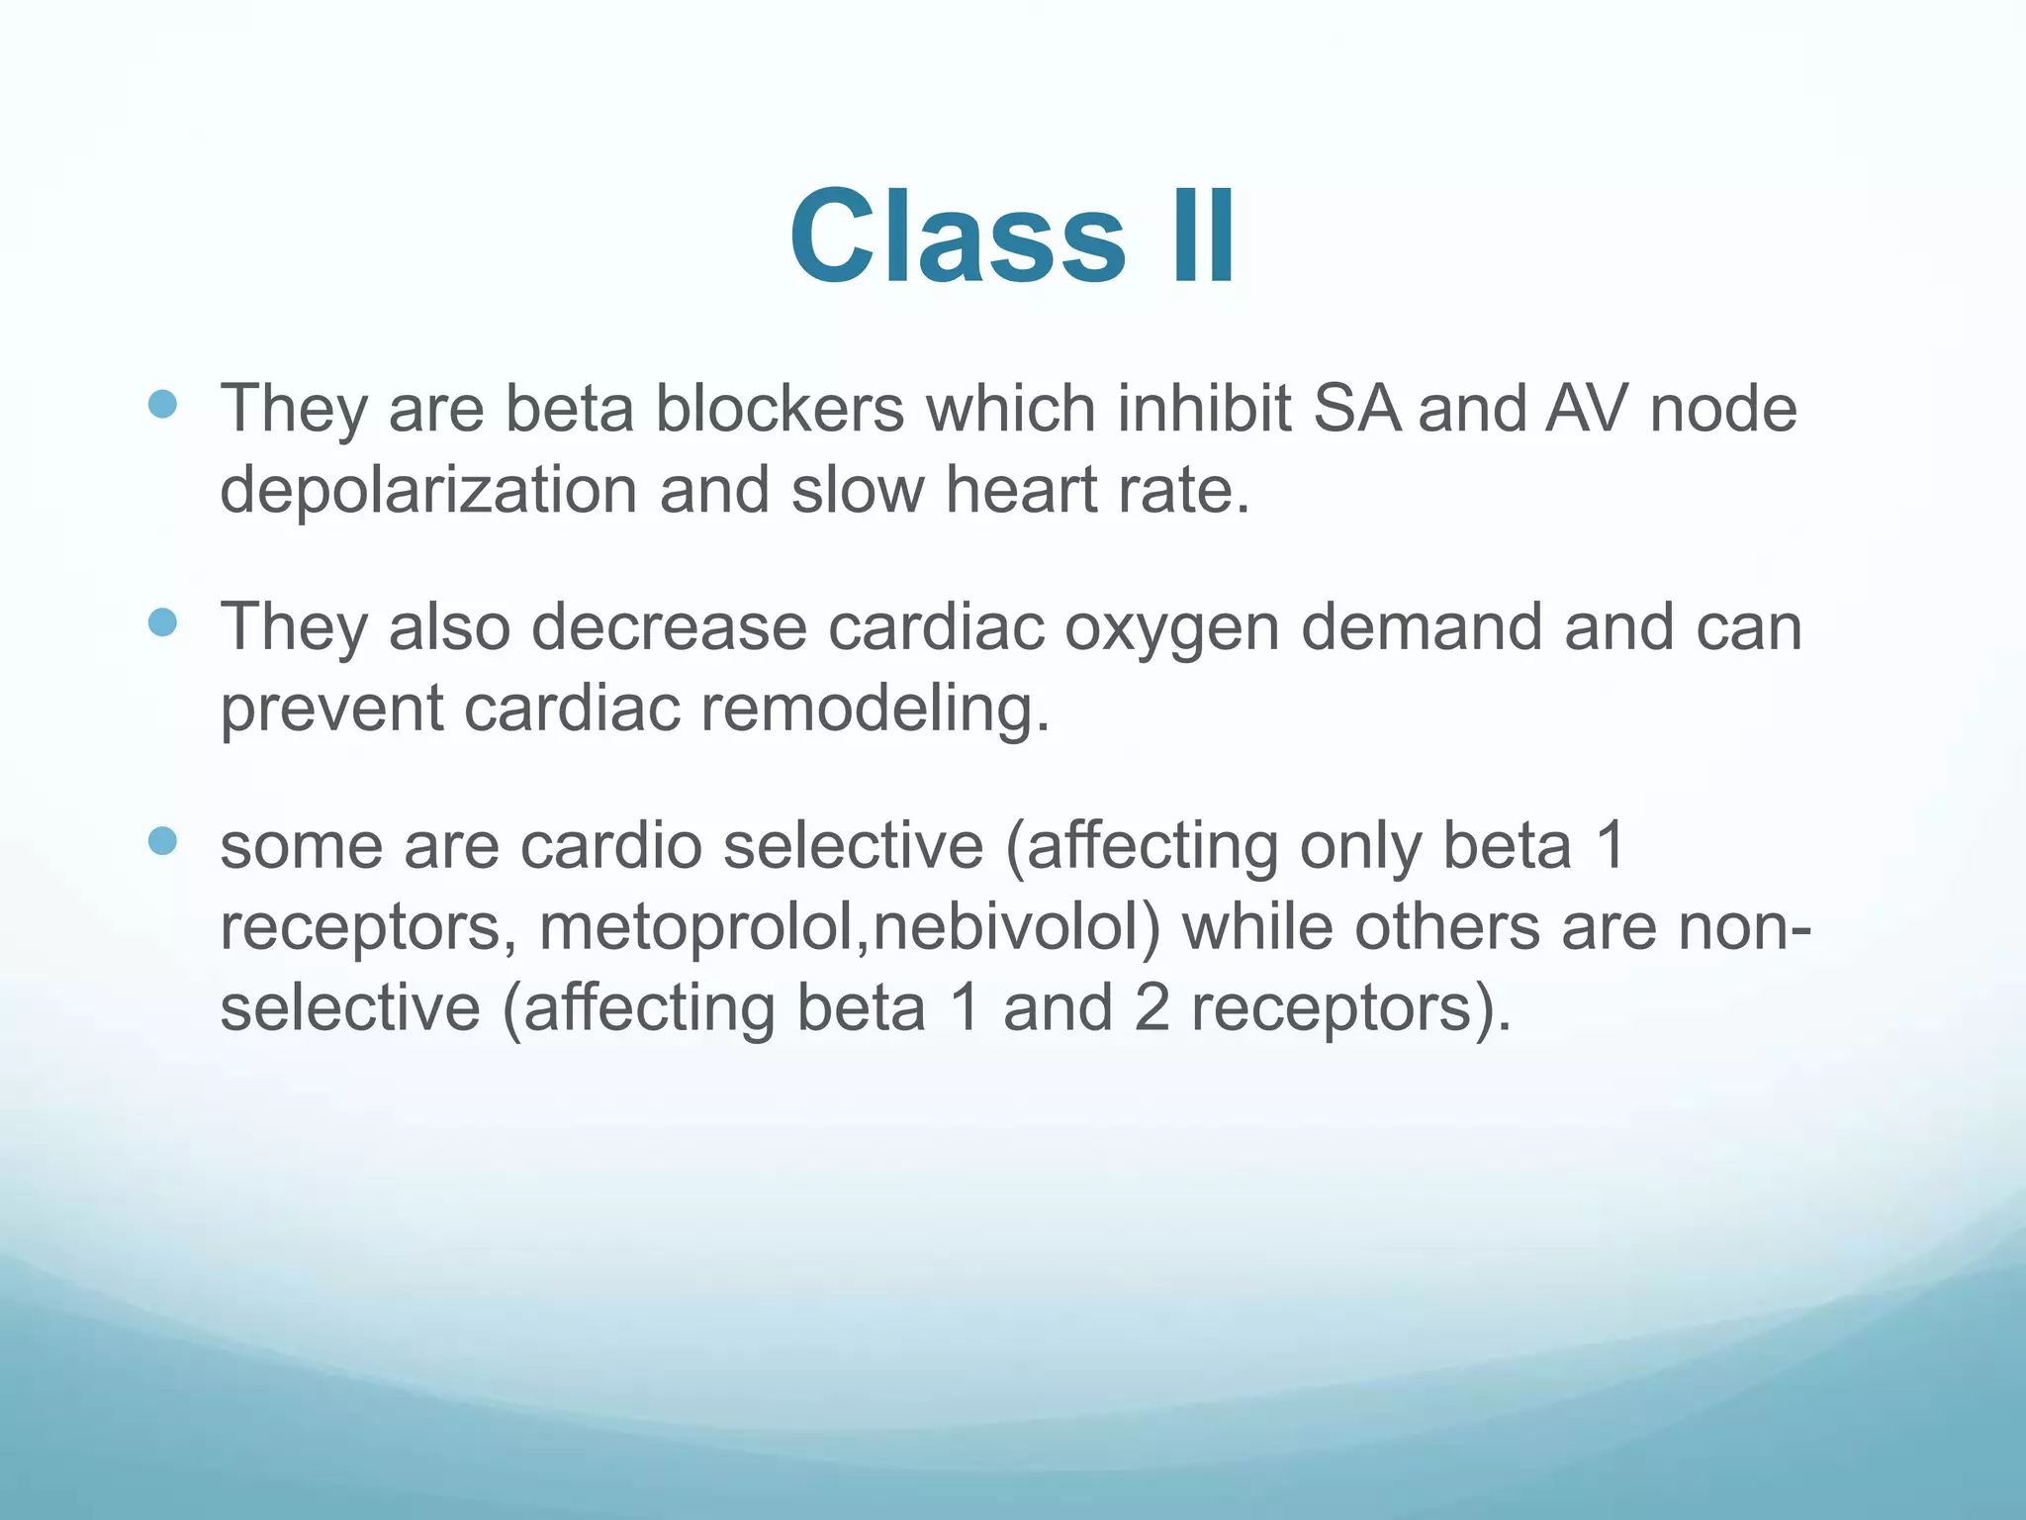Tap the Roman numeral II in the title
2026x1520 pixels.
point(1202,237)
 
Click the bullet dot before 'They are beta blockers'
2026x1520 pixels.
point(162,404)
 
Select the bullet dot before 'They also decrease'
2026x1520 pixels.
point(162,622)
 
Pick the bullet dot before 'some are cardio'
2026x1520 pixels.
point(162,841)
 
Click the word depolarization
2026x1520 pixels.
point(427,490)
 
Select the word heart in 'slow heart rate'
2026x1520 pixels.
point(1020,490)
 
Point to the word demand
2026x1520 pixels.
point(1422,627)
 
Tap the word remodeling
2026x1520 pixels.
point(875,709)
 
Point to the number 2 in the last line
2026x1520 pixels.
point(1151,1007)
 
